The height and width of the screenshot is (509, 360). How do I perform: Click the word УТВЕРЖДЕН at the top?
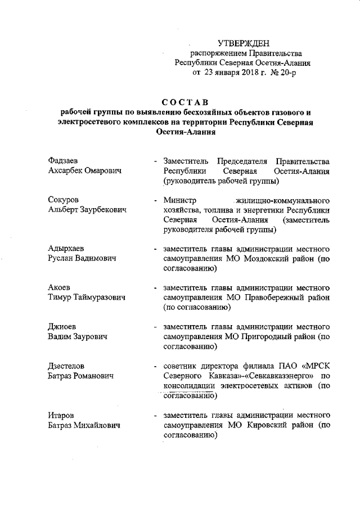click(244, 43)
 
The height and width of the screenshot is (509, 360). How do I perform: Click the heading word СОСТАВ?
click(185, 102)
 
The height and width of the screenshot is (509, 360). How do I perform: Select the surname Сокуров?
click(64, 200)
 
